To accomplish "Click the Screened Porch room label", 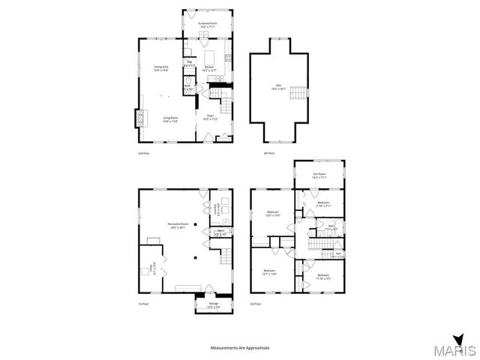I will click(208, 25).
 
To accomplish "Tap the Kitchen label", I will click(209, 67).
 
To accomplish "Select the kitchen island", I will click(210, 56).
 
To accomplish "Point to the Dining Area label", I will click(160, 69).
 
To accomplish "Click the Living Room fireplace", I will click(138, 118).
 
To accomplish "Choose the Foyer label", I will click(209, 117).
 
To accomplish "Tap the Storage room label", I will click(202, 304).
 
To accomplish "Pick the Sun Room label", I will click(319, 175).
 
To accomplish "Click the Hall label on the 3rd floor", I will click(338, 255).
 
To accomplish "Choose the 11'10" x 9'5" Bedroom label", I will click(322, 277).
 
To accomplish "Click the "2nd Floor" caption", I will click(144, 154).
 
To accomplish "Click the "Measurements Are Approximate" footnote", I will click(239, 348).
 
